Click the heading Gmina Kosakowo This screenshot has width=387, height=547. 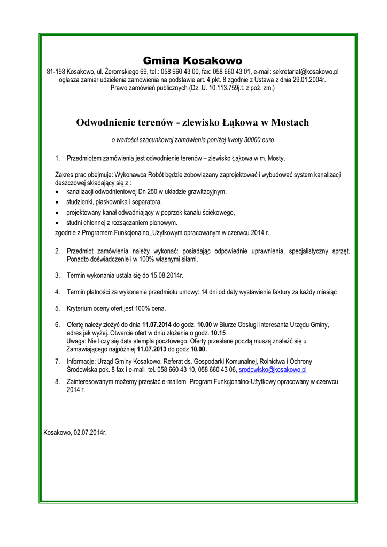[x=192, y=60]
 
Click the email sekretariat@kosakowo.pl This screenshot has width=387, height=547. [x=305, y=71]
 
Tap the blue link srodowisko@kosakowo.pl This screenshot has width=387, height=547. [x=273, y=369]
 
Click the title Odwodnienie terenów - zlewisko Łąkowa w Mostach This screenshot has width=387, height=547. [x=192, y=122]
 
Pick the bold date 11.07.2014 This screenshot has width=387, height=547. [x=157, y=324]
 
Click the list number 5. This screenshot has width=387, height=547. [x=57, y=308]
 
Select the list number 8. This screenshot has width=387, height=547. [x=57, y=382]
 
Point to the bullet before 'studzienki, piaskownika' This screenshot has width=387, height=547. [x=58, y=202]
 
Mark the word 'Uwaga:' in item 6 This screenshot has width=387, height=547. [x=76, y=340]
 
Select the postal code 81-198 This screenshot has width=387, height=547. [x=56, y=71]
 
